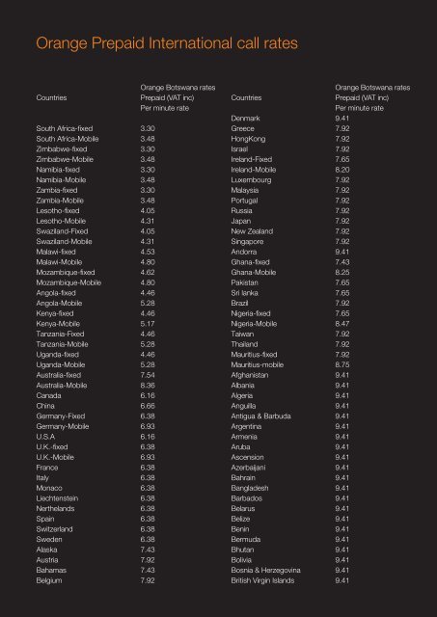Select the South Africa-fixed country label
coord(67,127)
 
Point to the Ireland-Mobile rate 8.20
coord(342,168)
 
